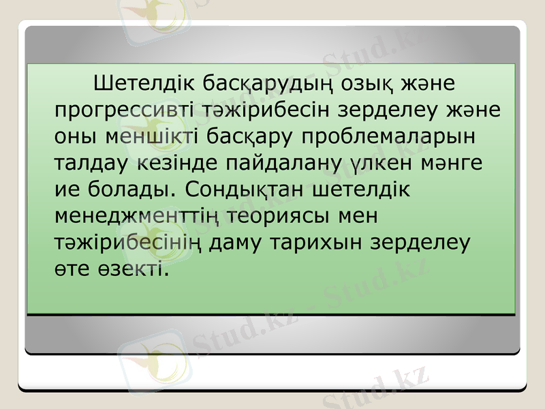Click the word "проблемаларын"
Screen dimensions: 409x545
385,136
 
